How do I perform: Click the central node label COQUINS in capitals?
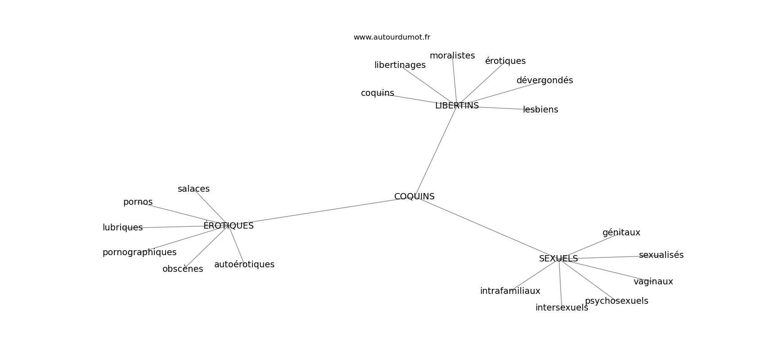[x=414, y=196]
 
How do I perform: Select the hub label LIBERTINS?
[x=457, y=106]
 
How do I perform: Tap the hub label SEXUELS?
[x=558, y=259]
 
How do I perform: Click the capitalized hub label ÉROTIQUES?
[x=229, y=225]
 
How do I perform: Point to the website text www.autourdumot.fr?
[x=391, y=37]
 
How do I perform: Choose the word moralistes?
[x=452, y=56]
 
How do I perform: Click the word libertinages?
[x=400, y=65]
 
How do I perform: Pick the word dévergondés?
[x=544, y=80]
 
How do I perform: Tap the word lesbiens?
[x=540, y=110]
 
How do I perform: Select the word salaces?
[x=193, y=189]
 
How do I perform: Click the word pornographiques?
[x=139, y=252]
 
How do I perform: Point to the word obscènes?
[x=183, y=269]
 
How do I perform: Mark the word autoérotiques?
[x=244, y=264]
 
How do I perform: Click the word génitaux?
[x=621, y=233]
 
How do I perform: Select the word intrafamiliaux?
[x=510, y=291]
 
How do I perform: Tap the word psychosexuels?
[x=616, y=301]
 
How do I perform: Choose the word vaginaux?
[x=653, y=282]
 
